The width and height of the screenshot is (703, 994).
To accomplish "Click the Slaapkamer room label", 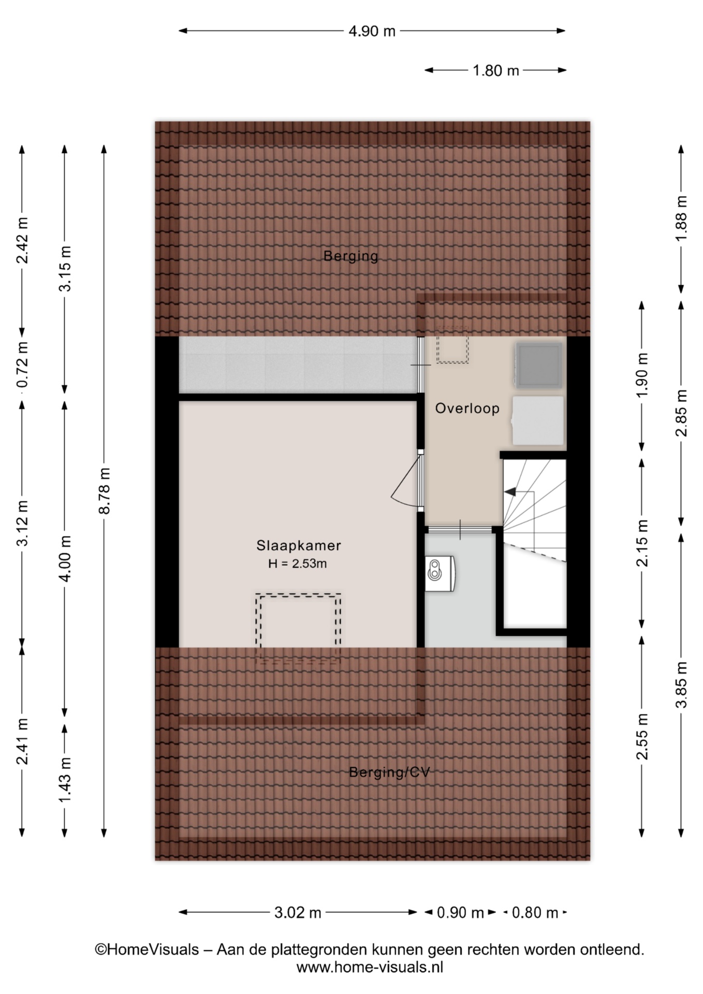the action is coord(299,545).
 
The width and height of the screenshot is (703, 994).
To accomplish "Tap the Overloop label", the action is coord(467,408).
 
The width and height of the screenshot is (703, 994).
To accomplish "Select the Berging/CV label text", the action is coord(389,772).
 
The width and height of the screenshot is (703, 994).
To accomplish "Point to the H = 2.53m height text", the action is coord(298,564).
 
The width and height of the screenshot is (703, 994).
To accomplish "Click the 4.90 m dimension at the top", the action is coord(372,31).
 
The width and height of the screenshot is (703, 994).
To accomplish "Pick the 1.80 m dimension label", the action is coord(495,70).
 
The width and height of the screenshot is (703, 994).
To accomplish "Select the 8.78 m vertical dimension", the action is coord(104,491).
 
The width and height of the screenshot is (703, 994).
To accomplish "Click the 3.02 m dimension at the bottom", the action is coord(298,912).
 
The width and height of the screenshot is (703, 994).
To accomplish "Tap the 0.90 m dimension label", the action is coord(460,912).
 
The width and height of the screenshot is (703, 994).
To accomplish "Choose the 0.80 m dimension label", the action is coord(535,912).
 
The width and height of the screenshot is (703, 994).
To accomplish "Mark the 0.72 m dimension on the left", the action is coord(22,364).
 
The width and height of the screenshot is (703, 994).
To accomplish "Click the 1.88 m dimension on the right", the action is coord(681,218).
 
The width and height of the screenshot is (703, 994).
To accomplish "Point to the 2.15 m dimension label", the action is coord(642,543).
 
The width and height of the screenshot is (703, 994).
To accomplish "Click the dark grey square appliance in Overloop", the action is coord(539,365).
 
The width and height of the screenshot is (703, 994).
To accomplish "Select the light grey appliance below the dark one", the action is coord(537,421).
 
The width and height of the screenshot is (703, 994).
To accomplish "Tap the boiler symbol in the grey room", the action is coord(440,574).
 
